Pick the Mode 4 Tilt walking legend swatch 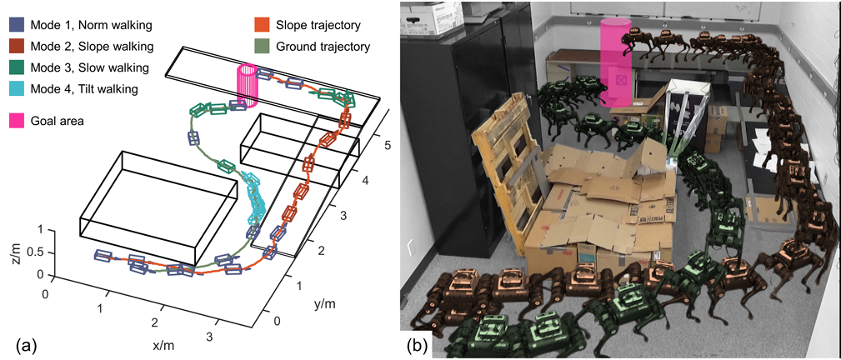15,88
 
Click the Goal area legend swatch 15,121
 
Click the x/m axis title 163,344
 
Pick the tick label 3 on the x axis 210,337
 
